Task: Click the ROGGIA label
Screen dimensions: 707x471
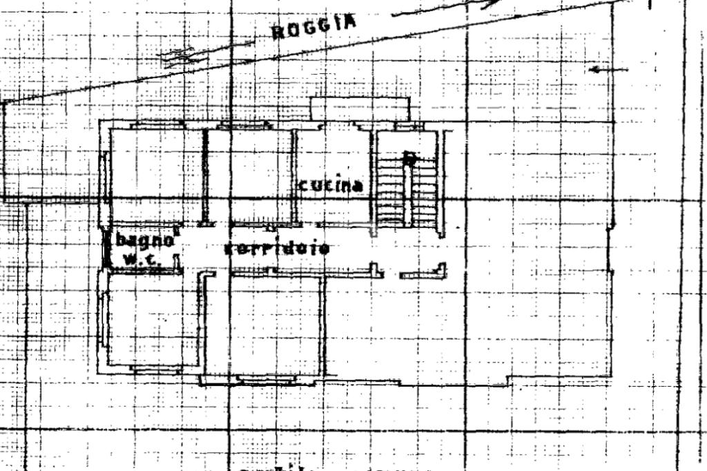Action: (x=315, y=28)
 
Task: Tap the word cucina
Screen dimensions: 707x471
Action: (x=331, y=185)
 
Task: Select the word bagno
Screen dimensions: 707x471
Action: (x=144, y=241)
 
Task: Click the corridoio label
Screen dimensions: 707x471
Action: (x=276, y=249)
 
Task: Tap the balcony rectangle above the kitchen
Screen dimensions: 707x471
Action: (x=359, y=109)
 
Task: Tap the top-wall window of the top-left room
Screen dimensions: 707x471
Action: (x=156, y=124)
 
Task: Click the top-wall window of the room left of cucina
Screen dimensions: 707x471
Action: (x=243, y=126)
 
